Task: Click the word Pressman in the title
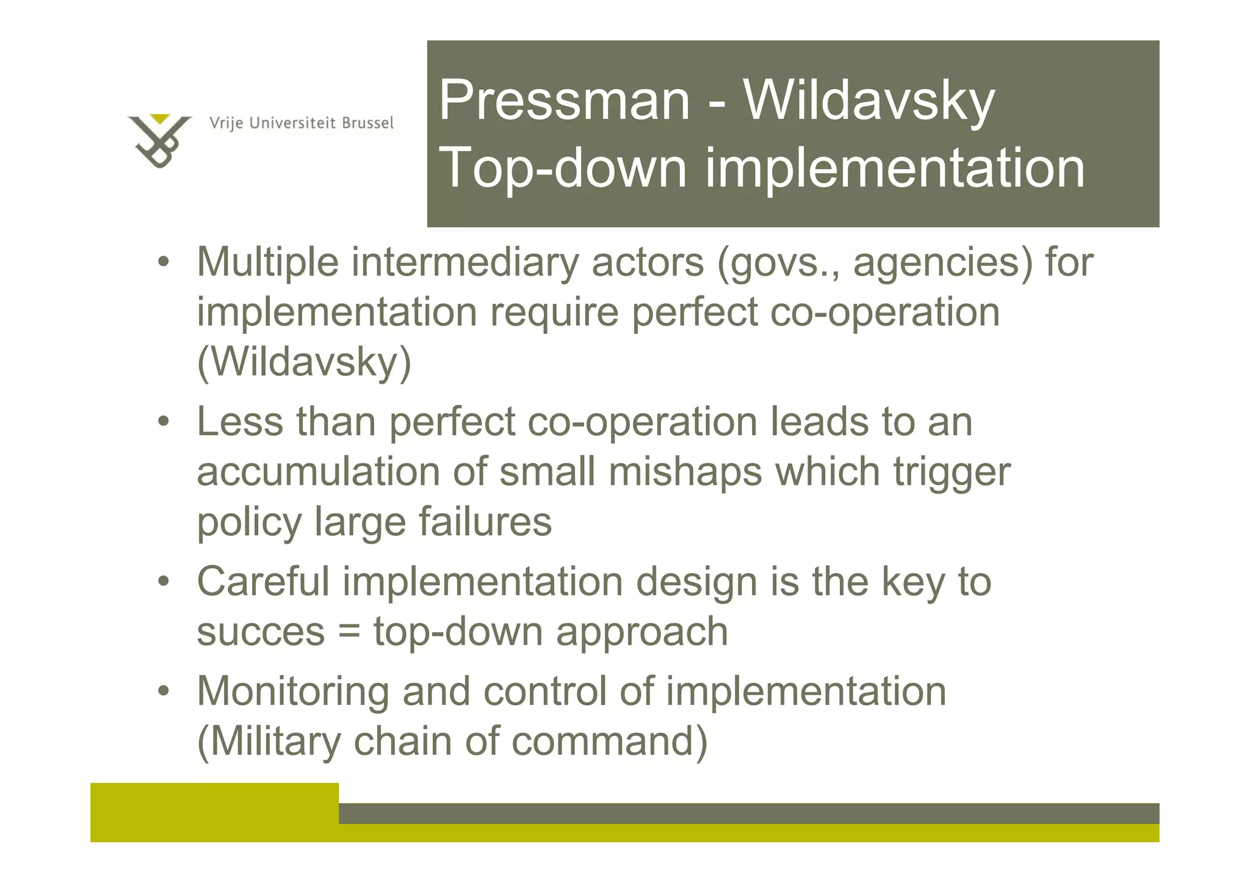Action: [564, 100]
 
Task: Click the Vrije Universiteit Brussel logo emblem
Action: [159, 140]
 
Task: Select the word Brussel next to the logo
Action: [367, 123]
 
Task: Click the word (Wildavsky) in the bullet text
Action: [304, 362]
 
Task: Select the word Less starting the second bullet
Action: [240, 422]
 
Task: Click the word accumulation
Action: [318, 472]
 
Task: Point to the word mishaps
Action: [685, 472]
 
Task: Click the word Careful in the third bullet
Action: [263, 582]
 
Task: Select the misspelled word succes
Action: [261, 632]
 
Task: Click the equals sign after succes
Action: [349, 632]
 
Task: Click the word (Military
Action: [269, 742]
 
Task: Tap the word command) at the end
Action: [609, 742]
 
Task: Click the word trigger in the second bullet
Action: [952, 472]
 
